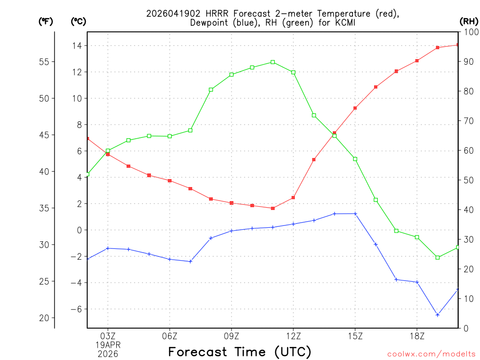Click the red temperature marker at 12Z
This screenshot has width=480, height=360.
(293, 197)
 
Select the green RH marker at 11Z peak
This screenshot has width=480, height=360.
(273, 62)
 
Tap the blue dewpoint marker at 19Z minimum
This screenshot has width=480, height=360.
(437, 315)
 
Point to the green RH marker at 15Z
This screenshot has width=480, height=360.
(355, 159)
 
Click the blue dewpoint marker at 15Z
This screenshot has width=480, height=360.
(355, 214)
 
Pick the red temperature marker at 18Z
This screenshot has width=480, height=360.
(417, 61)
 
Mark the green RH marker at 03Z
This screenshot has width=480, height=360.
(108, 151)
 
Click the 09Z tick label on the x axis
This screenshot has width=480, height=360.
(232, 336)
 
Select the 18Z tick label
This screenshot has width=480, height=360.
(417, 336)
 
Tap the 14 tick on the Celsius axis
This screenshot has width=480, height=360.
(76, 45)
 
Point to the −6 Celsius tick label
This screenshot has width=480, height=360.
(75, 309)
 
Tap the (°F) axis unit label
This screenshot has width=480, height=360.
(45, 21)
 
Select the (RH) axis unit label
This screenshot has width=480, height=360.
(469, 21)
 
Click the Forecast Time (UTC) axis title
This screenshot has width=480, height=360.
(240, 352)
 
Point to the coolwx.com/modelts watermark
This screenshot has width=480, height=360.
(432, 354)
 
